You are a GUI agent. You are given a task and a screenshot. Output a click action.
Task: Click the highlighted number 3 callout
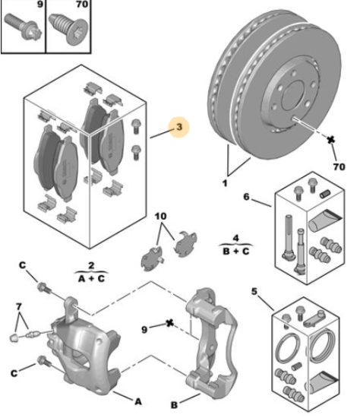point(179,127)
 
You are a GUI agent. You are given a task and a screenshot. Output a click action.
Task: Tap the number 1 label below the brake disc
point(225,183)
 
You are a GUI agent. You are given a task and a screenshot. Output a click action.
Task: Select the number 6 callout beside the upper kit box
point(247,197)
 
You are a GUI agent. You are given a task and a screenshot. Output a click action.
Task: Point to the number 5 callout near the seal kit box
point(254,291)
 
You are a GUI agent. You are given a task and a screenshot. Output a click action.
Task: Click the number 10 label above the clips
point(161,216)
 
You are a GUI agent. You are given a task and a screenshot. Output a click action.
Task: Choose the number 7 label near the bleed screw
point(19,307)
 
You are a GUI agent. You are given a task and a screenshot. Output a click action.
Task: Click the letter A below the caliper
point(138,401)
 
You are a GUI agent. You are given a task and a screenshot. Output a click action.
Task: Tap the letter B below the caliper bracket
point(174,405)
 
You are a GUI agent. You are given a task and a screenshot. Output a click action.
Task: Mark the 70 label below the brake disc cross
point(339,167)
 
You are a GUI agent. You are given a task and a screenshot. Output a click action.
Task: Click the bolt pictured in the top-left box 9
point(24,27)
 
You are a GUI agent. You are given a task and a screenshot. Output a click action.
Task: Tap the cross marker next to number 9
point(169,323)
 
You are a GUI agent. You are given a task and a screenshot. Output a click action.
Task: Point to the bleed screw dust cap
point(14,337)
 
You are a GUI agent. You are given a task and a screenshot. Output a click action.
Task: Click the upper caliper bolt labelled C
point(43,288)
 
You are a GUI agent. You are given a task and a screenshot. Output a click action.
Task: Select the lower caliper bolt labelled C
point(43,361)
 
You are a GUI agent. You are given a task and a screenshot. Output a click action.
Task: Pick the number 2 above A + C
point(91,265)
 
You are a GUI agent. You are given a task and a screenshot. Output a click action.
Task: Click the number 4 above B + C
point(236,238)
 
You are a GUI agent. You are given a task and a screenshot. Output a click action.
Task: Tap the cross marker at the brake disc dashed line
point(330,139)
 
